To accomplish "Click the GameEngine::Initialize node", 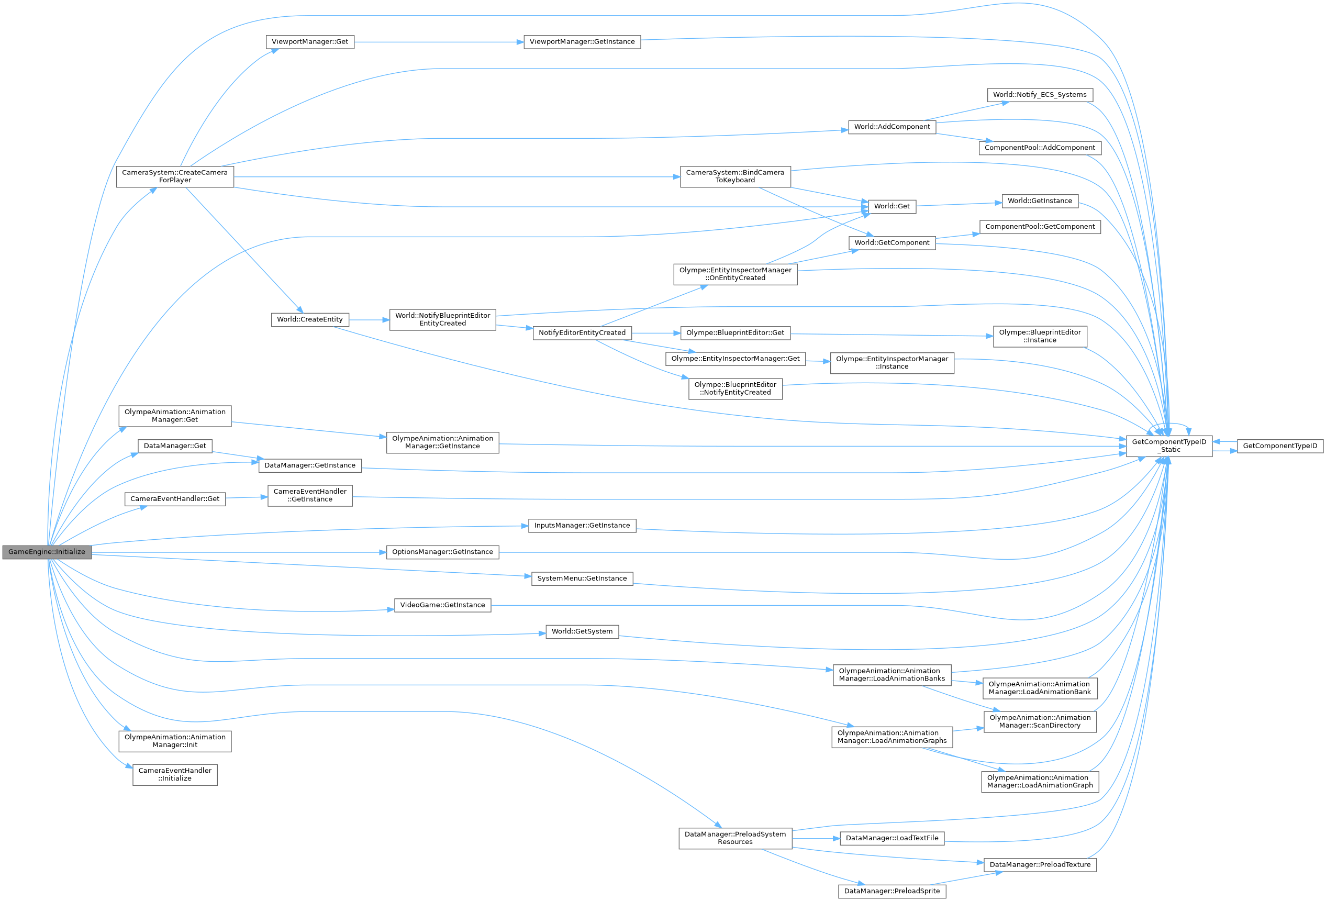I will (x=47, y=552).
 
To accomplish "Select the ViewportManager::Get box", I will (x=310, y=42).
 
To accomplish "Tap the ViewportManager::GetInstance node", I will (x=582, y=42).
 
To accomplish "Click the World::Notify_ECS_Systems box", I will (x=1040, y=95).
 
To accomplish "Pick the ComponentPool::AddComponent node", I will (x=1040, y=148).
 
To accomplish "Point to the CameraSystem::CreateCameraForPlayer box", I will (x=175, y=176).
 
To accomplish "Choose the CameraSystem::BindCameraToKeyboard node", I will (x=735, y=176).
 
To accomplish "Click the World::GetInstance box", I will (x=1040, y=201).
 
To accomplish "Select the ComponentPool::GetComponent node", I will (x=1040, y=227).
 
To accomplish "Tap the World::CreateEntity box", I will (x=310, y=319).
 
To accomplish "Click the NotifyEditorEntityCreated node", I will (x=582, y=332).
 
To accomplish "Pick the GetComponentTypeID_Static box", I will (x=1169, y=446).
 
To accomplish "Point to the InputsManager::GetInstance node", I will (x=582, y=526).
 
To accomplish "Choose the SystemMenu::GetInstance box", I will (x=582, y=579).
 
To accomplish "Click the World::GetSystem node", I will (x=582, y=632).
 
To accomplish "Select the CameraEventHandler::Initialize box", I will (x=175, y=774).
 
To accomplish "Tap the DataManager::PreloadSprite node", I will (x=892, y=891).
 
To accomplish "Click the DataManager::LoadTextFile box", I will (x=892, y=838).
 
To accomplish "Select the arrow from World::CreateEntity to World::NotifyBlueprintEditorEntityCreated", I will (x=369, y=319).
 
